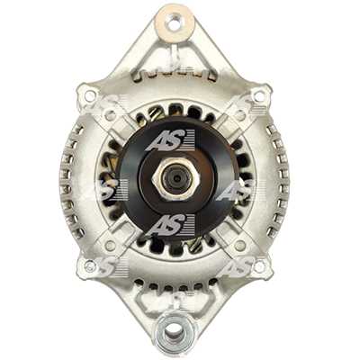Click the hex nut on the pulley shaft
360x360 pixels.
[175, 179]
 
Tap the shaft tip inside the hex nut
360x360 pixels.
[175, 179]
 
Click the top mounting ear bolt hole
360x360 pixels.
[175, 22]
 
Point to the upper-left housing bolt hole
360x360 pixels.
[89, 95]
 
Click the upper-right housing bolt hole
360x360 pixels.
[259, 95]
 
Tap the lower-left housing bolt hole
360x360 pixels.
[90, 265]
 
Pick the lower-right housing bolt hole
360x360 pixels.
[259, 265]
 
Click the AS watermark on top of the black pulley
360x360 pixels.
[170, 139]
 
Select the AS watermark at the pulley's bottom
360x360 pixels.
[170, 225]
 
